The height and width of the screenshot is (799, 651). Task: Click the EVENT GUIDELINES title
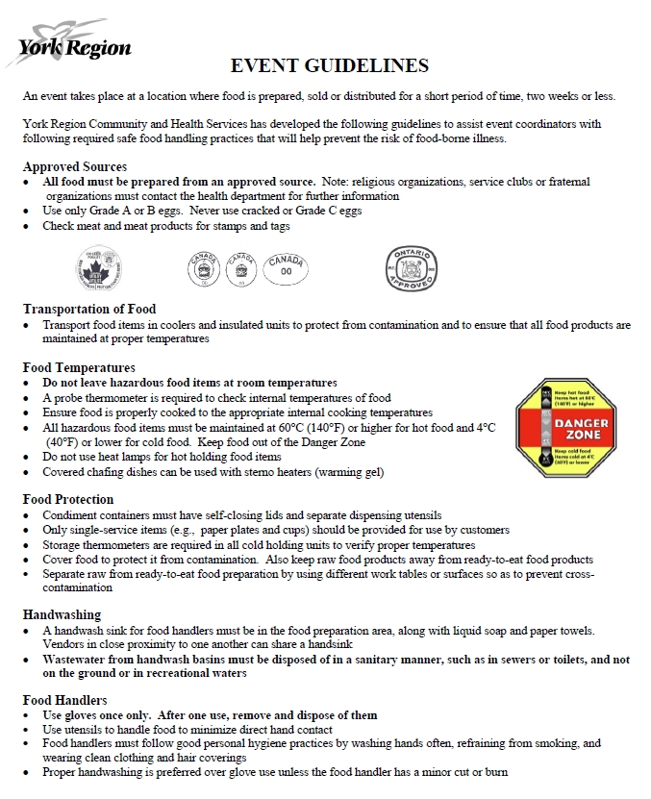tap(330, 65)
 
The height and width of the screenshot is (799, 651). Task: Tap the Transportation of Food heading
tap(89, 310)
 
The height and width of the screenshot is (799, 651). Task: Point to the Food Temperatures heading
tap(79, 367)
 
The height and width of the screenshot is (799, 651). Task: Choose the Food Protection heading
tap(68, 499)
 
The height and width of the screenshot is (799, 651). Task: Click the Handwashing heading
tap(62, 614)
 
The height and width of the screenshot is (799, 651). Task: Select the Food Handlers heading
tap(64, 700)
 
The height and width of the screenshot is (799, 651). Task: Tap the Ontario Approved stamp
tap(412, 268)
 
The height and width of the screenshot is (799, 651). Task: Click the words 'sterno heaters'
tap(279, 471)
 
